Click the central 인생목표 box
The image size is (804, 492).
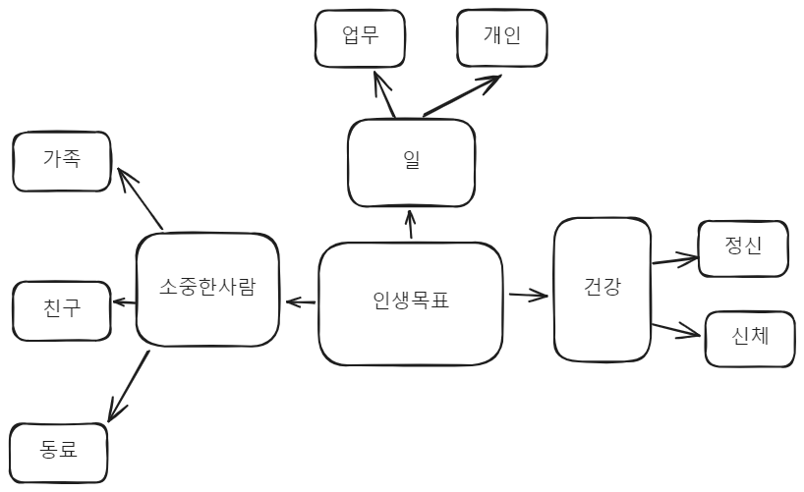click(411, 303)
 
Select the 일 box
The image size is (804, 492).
click(412, 162)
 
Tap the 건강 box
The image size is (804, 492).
click(602, 290)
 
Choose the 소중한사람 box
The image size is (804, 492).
click(206, 289)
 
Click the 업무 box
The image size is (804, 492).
click(360, 37)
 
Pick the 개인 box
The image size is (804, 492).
click(501, 37)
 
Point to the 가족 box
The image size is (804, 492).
click(61, 161)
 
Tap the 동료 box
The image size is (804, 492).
click(59, 451)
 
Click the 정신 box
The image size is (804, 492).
click(742, 247)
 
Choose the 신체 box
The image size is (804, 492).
click(750, 338)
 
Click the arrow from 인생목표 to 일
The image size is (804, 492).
click(410, 225)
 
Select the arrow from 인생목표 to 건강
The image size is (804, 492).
click(528, 294)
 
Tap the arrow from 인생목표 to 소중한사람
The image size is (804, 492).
click(300, 301)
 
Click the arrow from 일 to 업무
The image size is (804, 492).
click(384, 97)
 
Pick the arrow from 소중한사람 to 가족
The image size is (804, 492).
click(141, 199)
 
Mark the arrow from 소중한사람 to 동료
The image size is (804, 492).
click(129, 385)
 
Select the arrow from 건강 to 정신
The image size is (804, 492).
click(673, 260)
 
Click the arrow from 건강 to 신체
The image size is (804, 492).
click(676, 327)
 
